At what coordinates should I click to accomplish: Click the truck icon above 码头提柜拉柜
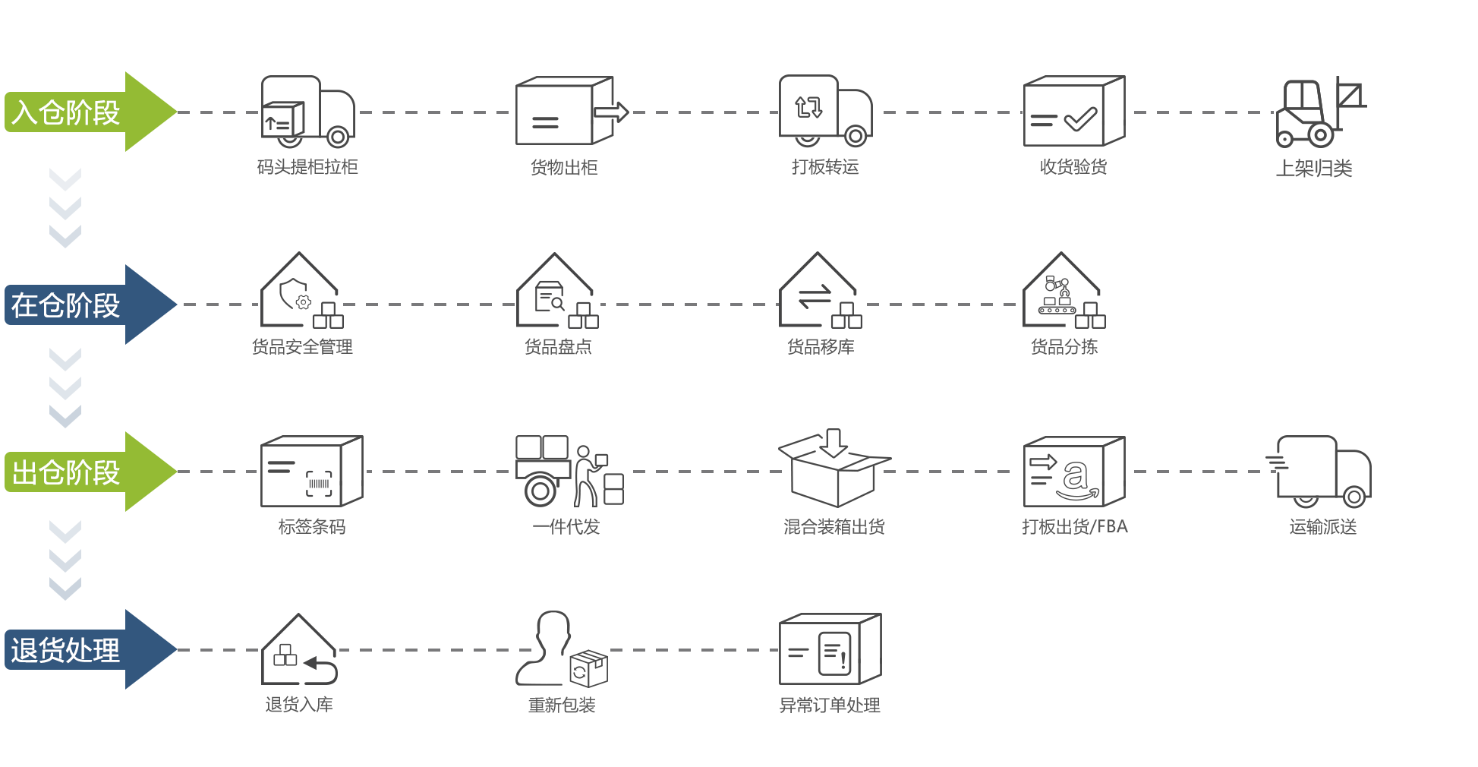click(x=307, y=112)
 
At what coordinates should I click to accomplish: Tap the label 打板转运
click(x=825, y=167)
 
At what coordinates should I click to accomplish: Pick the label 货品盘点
click(x=558, y=347)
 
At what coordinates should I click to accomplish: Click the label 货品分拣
click(x=1064, y=347)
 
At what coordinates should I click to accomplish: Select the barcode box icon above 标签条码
click(x=311, y=472)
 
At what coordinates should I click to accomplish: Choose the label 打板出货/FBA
click(x=1074, y=526)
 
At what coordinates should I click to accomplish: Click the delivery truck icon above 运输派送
click(x=1321, y=472)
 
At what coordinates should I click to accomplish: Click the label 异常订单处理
click(x=830, y=705)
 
